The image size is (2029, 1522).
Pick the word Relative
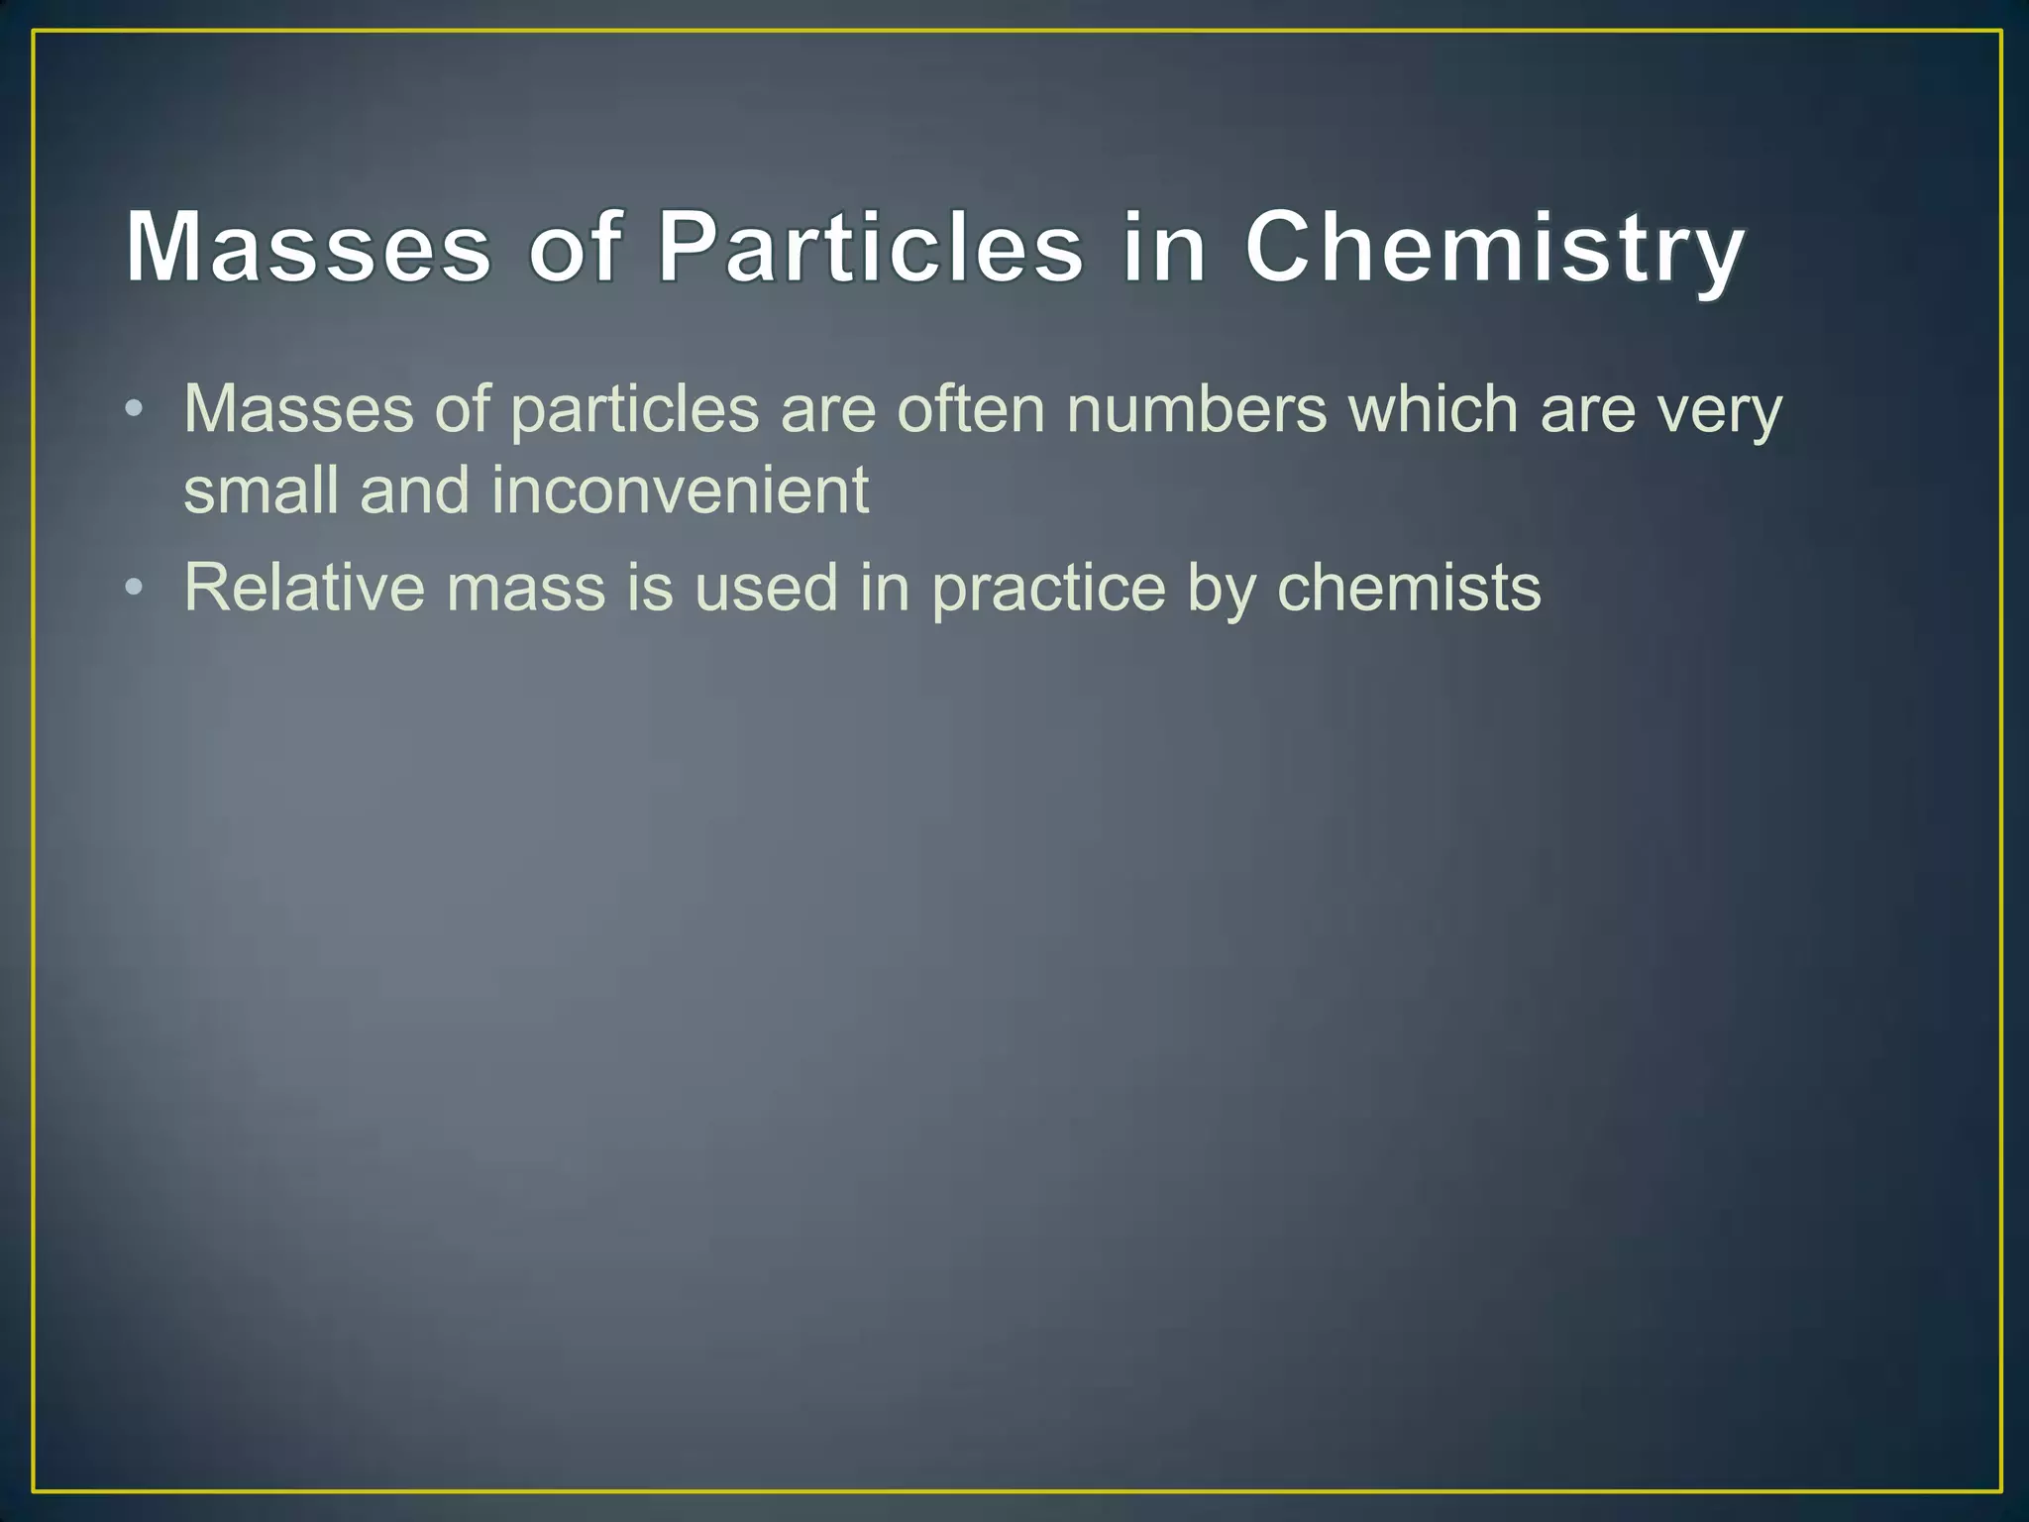click(304, 587)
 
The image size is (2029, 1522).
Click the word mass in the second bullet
click(525, 589)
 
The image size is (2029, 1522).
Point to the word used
click(766, 587)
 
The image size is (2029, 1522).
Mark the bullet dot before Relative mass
click(135, 589)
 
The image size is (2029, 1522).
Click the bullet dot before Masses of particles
click(135, 410)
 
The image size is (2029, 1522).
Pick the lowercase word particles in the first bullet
click(634, 412)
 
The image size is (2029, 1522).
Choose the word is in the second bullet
click(649, 587)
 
